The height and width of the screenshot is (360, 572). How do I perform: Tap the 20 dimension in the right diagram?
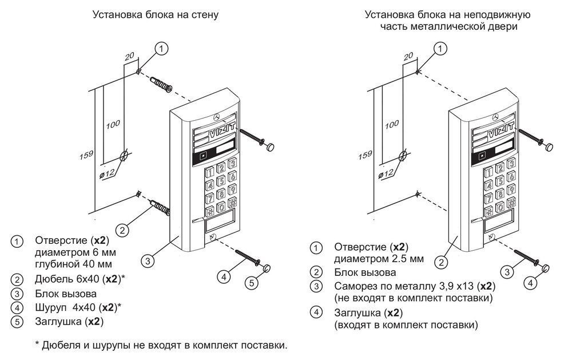(408, 57)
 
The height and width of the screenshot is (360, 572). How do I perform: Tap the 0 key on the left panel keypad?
(220, 206)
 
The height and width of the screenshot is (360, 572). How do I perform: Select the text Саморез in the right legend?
(347, 286)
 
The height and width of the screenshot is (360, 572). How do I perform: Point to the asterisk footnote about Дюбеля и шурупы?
(160, 346)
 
